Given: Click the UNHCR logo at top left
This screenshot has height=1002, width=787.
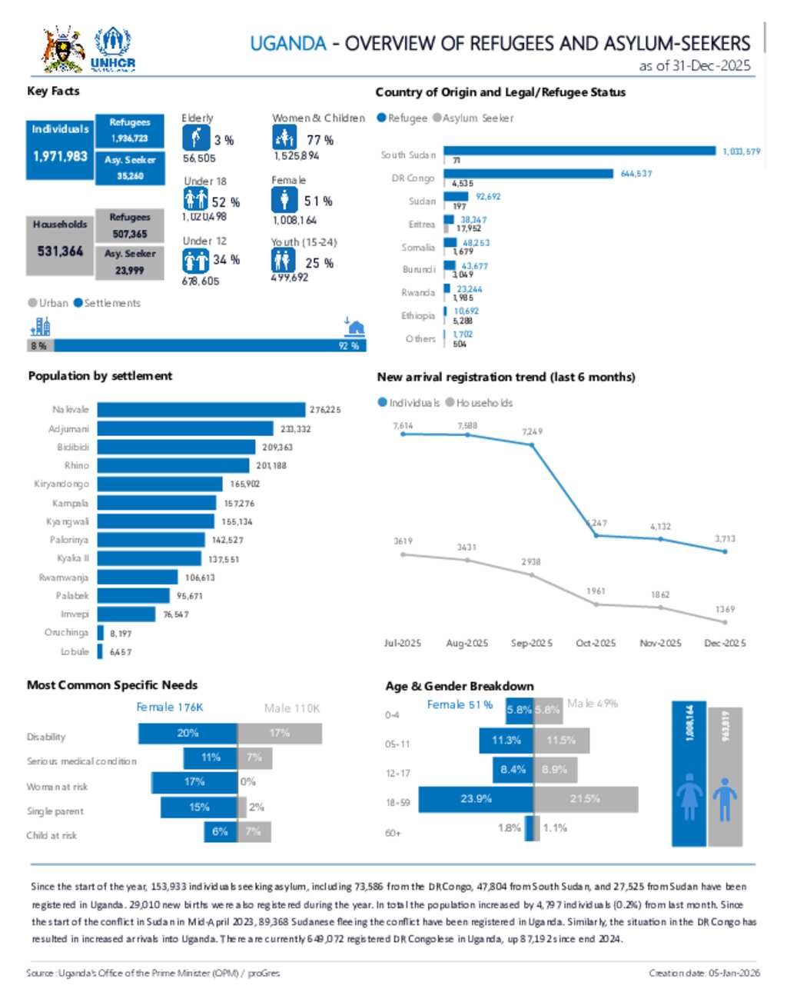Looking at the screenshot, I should coord(112,49).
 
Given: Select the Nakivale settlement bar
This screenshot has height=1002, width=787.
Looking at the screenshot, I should coord(201,410).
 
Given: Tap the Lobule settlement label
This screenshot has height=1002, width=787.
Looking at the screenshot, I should coord(75,651).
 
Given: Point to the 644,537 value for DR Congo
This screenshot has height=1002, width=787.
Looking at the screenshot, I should coord(636,174).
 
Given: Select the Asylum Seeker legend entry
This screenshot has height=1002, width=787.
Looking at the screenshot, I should coord(473,118).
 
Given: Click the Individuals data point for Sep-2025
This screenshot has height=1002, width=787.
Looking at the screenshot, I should coord(532,444).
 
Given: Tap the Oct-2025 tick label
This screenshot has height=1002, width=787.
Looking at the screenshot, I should coord(596,643).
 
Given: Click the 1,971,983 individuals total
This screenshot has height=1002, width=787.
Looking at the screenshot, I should coord(60,156).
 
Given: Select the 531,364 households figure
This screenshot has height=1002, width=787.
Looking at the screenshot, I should coord(60,251).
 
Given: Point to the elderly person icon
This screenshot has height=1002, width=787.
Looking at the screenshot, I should coord(196,138).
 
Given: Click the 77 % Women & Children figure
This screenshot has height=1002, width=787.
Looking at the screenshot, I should coord(320,140).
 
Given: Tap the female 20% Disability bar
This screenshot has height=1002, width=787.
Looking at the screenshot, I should coord(188,734).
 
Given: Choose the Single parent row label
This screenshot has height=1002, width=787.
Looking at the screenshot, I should coord(55,811).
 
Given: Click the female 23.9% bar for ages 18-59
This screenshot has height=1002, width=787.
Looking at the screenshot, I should coord(476,800).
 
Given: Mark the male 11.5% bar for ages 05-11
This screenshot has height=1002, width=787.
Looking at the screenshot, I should coord(561,741).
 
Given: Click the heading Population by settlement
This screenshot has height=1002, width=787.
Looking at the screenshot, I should coord(100,376).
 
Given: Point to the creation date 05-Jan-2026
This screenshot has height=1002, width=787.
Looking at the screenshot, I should coord(704,973).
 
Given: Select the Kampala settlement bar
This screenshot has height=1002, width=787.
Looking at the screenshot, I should coord(156,503).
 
